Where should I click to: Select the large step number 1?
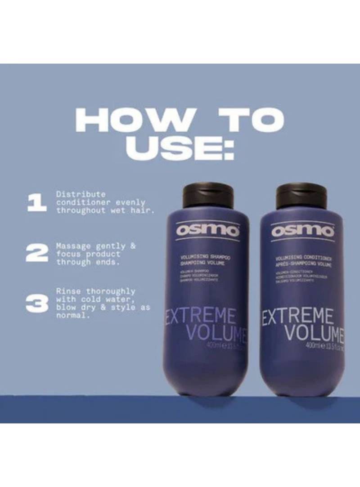(36, 202)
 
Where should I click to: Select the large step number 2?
(36, 254)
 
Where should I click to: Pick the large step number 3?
(36, 304)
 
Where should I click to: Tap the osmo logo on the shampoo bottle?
(207, 231)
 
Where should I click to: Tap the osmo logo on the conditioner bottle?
(303, 231)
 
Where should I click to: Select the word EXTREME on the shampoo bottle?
(201, 317)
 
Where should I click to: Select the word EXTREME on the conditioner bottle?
(298, 317)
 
